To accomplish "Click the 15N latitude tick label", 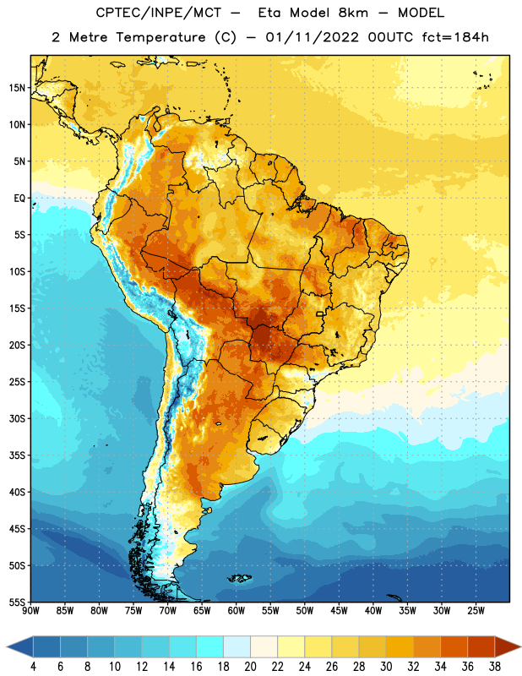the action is click(17, 88).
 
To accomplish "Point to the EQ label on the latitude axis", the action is click(19, 199).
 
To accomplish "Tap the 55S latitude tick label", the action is click(17, 602).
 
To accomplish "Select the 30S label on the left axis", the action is click(17, 418).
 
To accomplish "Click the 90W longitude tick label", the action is click(30, 611).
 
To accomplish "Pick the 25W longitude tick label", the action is click(476, 611).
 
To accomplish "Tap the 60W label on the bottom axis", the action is click(237, 611).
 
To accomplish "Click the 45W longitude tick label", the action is click(339, 611).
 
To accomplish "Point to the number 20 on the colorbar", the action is click(250, 667).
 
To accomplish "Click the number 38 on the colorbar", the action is click(495, 667).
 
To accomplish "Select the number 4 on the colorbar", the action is click(33, 667).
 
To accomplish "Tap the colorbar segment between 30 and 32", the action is click(400, 647).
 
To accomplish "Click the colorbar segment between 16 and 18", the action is click(210, 647).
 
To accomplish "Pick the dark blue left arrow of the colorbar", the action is click(19, 647).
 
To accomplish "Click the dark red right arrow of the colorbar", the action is click(508, 647).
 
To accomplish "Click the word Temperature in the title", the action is click(160, 37).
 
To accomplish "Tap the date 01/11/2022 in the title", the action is click(312, 37).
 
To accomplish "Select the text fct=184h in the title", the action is click(455, 37).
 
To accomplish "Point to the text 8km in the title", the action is click(353, 13).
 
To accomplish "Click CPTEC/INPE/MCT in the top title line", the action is click(159, 14).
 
